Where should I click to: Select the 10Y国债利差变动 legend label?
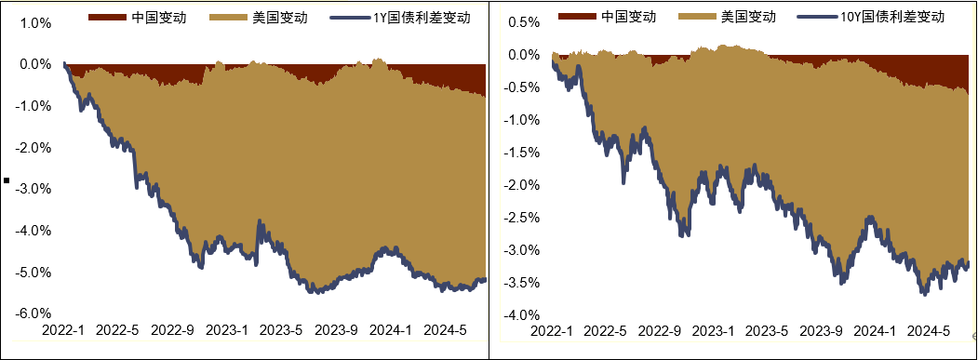click(900, 17)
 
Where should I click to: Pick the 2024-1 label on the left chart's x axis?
click(387, 330)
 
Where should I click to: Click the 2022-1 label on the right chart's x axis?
click(552, 330)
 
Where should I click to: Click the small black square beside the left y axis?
click(7, 181)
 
